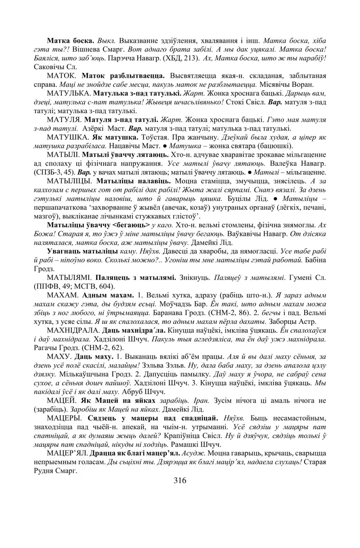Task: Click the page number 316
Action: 180,480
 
